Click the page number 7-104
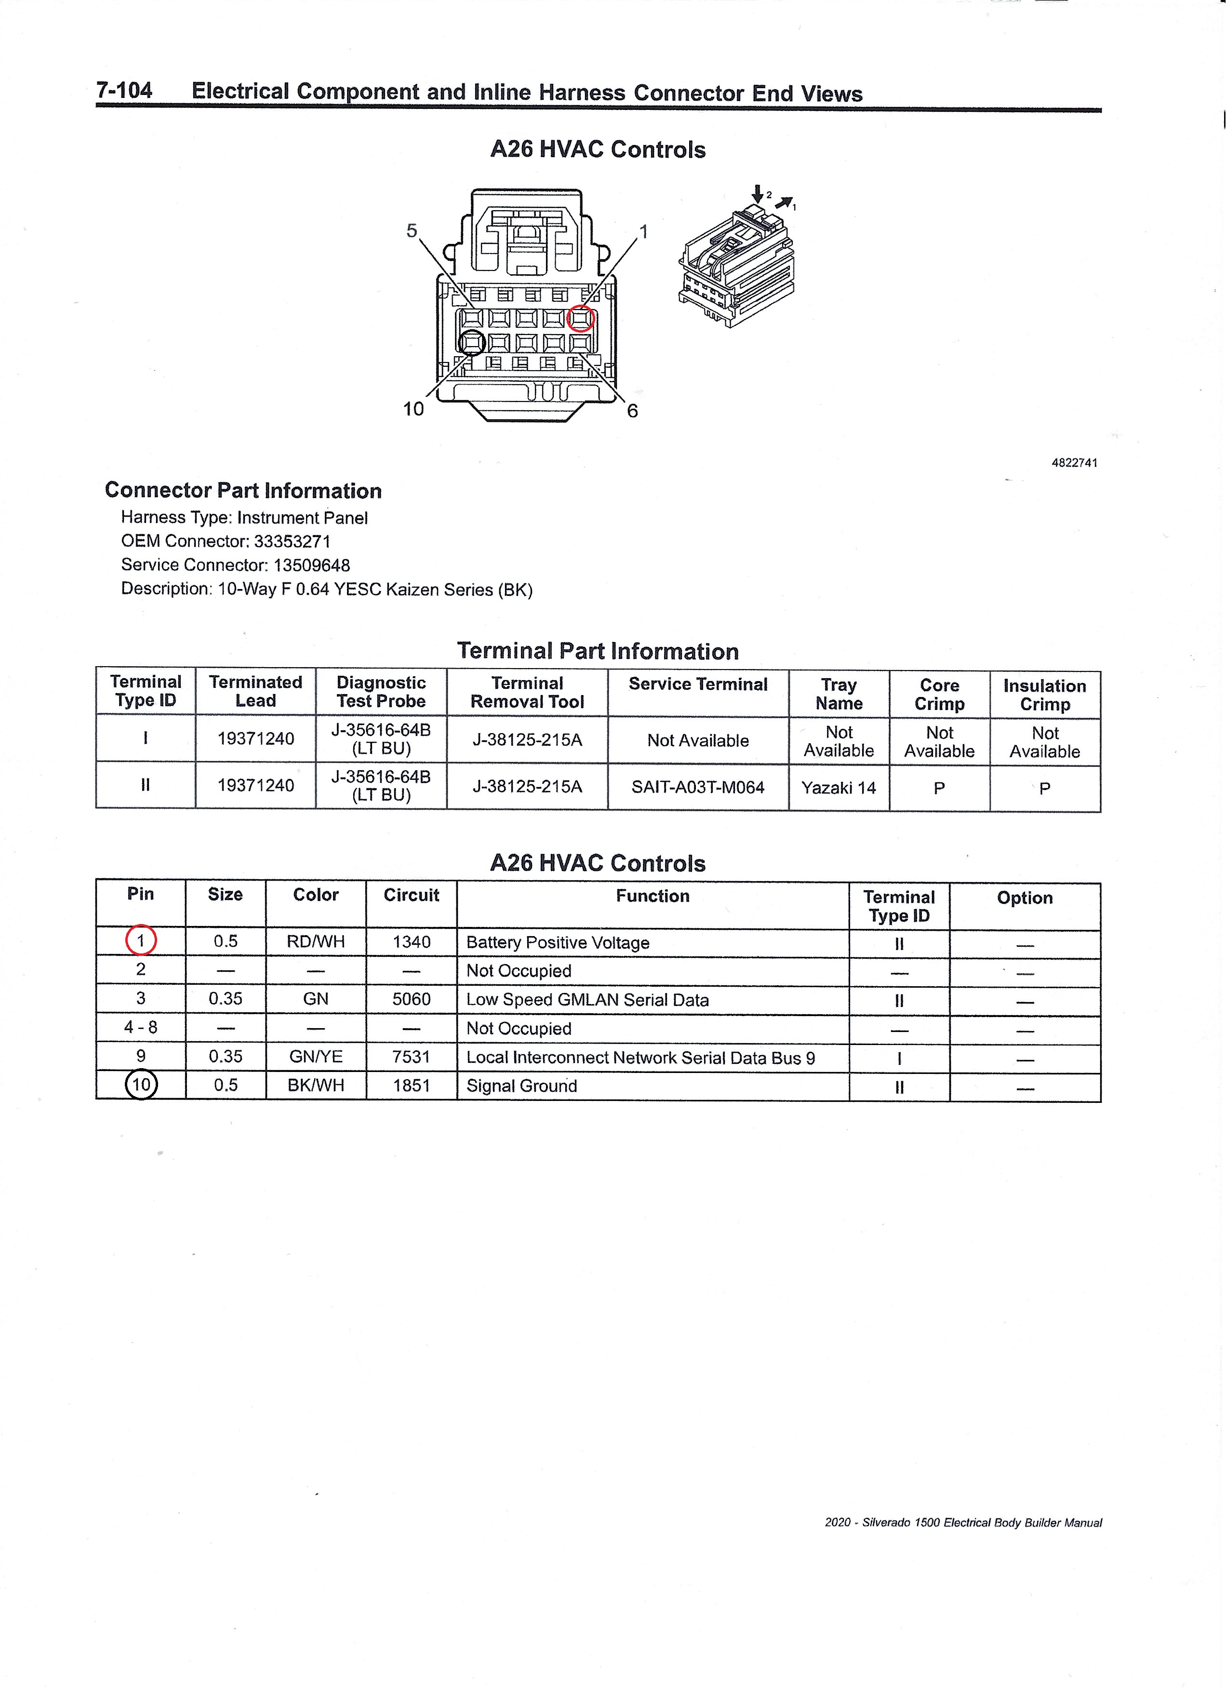pyautogui.click(x=124, y=90)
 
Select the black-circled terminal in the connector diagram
pyautogui.click(x=472, y=343)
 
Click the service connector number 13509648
pyautogui.click(x=311, y=565)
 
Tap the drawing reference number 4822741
pyautogui.click(x=1074, y=462)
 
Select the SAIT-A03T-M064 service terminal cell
pyautogui.click(x=697, y=787)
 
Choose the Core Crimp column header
pyautogui.click(x=939, y=694)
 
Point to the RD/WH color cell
pyautogui.click(x=316, y=941)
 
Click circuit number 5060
pyautogui.click(x=411, y=999)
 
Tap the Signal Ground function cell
pyautogui.click(x=521, y=1086)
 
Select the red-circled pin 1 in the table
pyautogui.click(x=141, y=940)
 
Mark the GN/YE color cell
pyautogui.click(x=316, y=1057)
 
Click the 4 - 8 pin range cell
pyautogui.click(x=141, y=1028)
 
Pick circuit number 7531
pyautogui.click(x=411, y=1057)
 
